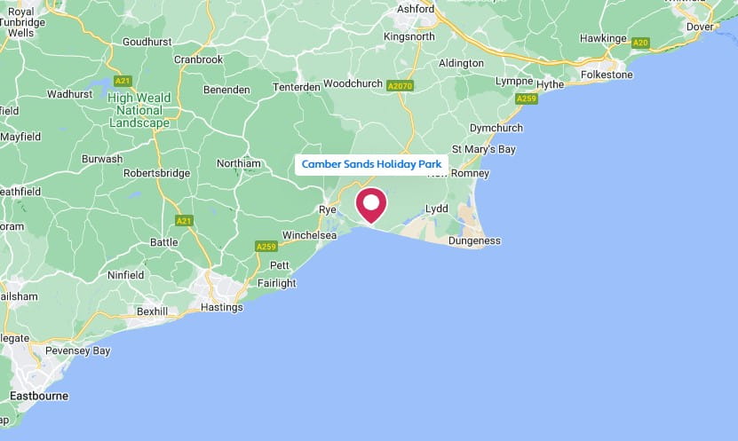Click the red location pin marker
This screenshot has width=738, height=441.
[369, 203]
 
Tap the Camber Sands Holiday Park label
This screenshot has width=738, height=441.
[371, 164]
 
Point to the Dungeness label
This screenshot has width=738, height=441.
[474, 240]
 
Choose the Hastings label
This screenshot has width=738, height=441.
[222, 307]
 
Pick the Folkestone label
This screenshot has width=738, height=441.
[607, 75]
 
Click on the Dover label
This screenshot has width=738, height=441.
[700, 27]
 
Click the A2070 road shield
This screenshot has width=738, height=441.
[401, 86]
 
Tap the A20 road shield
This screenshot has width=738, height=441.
[641, 43]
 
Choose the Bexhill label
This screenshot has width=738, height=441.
[154, 311]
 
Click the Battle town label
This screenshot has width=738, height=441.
[164, 241]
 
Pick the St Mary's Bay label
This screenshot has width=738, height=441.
[483, 149]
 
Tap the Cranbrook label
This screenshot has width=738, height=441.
[198, 59]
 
